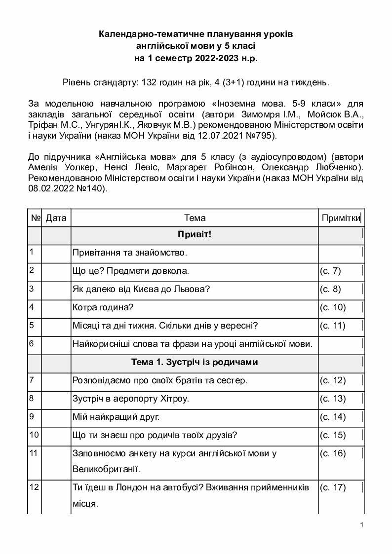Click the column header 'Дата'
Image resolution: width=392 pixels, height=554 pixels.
(56, 218)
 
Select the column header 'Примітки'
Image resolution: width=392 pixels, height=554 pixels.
(341, 218)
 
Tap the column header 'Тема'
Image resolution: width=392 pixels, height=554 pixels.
(195, 218)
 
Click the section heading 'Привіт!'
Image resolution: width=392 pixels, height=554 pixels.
(195, 234)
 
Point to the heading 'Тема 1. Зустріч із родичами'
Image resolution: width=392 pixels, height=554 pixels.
(195, 362)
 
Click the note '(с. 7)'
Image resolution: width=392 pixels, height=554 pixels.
(330, 271)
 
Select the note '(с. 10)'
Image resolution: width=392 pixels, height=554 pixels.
(333, 307)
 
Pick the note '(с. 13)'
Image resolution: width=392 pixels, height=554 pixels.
(333, 399)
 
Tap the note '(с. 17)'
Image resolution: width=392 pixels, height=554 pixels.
(333, 487)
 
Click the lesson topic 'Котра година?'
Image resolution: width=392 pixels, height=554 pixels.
(103, 307)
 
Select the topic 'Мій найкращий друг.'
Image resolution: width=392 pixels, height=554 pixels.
(116, 417)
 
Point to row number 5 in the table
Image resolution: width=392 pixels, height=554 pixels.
(32, 325)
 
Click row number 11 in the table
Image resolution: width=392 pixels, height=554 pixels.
(34, 453)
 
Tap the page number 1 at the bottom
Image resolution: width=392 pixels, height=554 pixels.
(362, 524)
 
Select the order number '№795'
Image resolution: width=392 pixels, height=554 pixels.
(264, 135)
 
